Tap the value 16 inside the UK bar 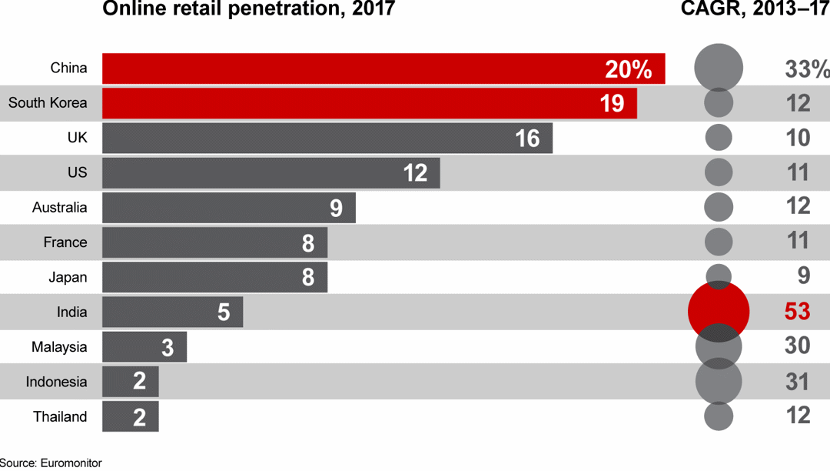click(527, 139)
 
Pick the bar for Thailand click(130, 417)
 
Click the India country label click(71, 312)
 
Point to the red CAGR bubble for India click(718, 312)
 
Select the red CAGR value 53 click(797, 312)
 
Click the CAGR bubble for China click(719, 68)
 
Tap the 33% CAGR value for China click(806, 69)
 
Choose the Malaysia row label click(59, 347)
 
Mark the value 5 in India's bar click(224, 312)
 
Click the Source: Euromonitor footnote click(51, 463)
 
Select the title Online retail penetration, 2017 click(248, 10)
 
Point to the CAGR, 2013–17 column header click(755, 10)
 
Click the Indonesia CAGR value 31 click(797, 382)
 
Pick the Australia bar click(228, 208)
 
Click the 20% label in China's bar click(628, 69)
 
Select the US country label click(77, 173)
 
